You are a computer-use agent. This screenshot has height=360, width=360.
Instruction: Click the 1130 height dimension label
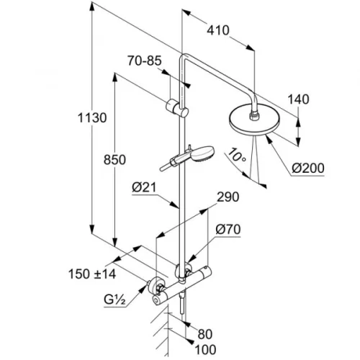tap(92, 118)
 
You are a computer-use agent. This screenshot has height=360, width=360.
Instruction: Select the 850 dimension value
tap(114, 160)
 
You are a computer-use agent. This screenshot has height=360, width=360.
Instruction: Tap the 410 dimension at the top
tap(218, 30)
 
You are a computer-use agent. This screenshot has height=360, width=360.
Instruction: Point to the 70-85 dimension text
tap(145, 60)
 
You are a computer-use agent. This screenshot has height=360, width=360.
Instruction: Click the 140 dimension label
tap(298, 99)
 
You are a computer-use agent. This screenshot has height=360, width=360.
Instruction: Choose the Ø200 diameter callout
tap(308, 168)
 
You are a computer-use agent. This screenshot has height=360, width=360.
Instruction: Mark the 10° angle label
tap(236, 156)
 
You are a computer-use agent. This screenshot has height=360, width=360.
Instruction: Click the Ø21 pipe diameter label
tap(144, 187)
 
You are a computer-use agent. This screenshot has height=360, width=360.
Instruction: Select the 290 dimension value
tap(228, 197)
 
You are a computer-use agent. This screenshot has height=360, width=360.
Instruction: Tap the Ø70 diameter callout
tap(228, 230)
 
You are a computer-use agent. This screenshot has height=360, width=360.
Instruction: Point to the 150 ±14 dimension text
tap(92, 274)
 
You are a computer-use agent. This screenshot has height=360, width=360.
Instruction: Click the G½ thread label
tap(114, 300)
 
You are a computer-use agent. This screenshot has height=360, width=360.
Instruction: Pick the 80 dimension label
tap(205, 334)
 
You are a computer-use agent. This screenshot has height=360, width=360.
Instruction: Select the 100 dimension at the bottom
tap(205, 350)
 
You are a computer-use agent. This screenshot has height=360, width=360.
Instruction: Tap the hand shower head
tap(203, 153)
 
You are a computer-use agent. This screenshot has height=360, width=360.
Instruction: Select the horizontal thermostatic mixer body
tap(182, 285)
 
